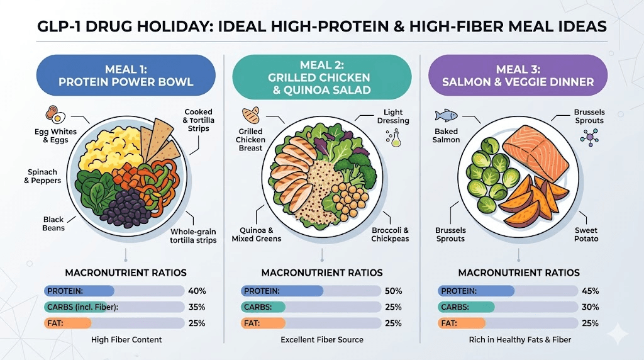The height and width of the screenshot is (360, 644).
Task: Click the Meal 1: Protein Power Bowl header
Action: click(x=125, y=75)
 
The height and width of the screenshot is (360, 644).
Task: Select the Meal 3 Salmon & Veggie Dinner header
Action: click(x=518, y=75)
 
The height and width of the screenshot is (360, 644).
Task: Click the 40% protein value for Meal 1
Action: click(x=196, y=291)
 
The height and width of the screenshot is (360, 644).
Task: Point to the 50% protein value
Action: click(x=392, y=291)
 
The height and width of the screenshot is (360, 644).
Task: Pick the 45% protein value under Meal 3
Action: click(x=590, y=291)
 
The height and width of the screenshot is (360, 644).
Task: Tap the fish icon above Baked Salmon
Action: click(x=445, y=116)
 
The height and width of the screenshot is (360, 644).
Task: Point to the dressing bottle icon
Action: click(x=394, y=138)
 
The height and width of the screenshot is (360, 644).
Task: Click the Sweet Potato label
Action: click(x=586, y=235)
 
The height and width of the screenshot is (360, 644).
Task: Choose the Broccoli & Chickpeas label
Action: click(x=390, y=235)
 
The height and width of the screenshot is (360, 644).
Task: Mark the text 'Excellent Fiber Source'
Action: click(x=322, y=340)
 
